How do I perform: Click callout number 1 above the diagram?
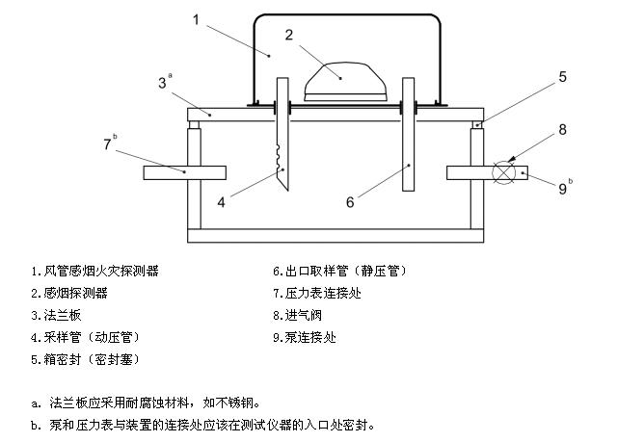(197, 18)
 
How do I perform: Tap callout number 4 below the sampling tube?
(221, 201)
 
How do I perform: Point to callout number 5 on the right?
(562, 77)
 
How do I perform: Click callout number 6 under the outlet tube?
(350, 201)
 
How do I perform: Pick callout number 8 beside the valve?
(562, 128)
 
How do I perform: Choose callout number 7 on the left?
(108, 144)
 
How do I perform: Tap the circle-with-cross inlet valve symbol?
(503, 172)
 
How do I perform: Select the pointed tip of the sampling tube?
(285, 183)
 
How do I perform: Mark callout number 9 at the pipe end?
(563, 189)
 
